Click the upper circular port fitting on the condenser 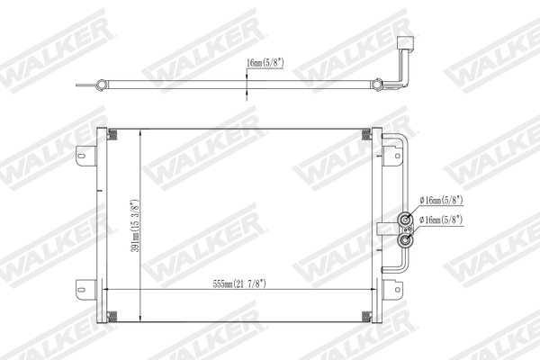pos(408,219)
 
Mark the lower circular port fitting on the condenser pos(408,239)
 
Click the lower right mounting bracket pos(393,290)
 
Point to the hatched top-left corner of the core pos(112,135)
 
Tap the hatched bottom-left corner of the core pos(112,315)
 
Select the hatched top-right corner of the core pos(368,135)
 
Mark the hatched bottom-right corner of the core pos(368,315)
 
